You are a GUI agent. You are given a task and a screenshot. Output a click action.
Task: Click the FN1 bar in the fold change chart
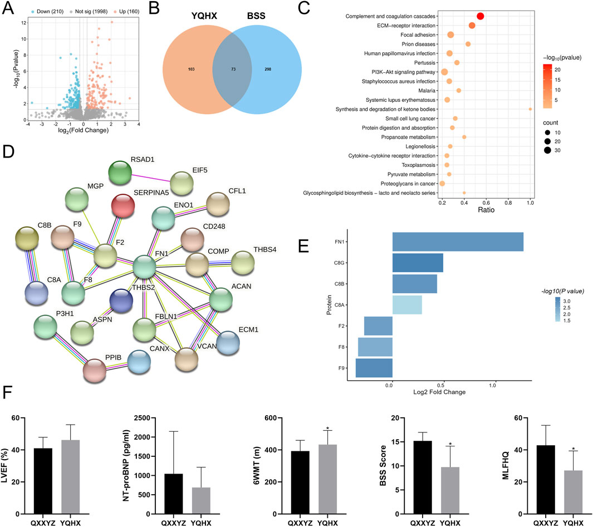[457, 242]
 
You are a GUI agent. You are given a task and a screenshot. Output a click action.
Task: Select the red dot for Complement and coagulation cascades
[480, 16]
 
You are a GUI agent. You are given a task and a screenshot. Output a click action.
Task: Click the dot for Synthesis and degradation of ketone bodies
[530, 109]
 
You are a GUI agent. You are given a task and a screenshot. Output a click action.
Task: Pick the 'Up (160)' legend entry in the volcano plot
[117, 4]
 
